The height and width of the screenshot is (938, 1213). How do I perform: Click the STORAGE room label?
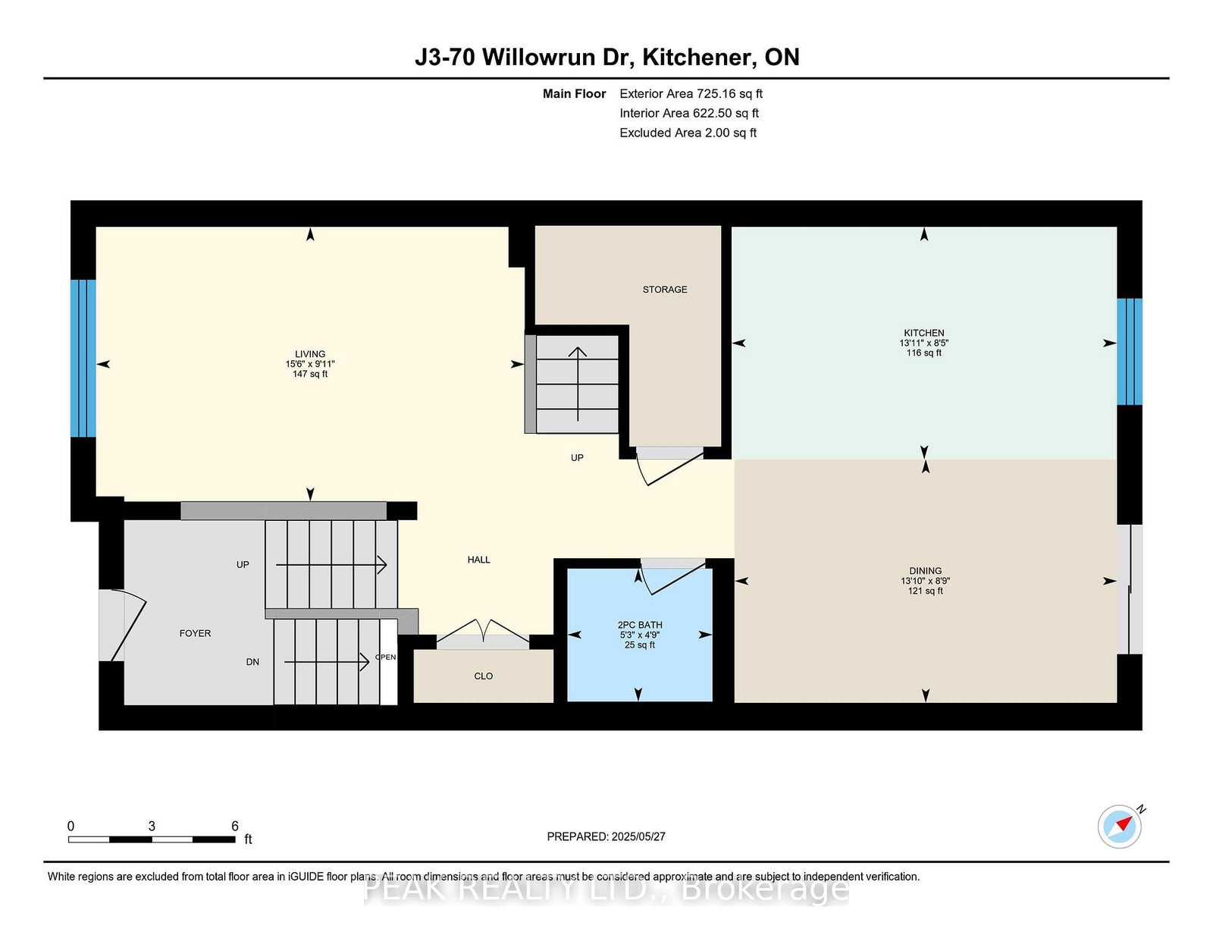coord(664,290)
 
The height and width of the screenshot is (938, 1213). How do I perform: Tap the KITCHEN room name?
coord(923,333)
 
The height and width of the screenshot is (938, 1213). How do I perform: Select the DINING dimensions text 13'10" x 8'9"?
coord(925,581)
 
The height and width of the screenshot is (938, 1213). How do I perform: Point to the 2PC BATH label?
coord(639,625)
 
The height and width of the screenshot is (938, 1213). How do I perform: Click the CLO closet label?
coord(483,676)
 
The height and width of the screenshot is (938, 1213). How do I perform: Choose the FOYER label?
coord(195,633)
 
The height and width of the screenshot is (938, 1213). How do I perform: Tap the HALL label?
coord(478,560)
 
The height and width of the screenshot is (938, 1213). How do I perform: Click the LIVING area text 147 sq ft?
coord(309,374)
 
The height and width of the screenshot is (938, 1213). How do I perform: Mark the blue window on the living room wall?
coord(83,358)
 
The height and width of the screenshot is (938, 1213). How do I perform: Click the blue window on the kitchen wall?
coord(1129,351)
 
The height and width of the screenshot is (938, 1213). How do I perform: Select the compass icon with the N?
coord(1120,826)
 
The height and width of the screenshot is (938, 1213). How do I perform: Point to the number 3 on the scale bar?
coord(152,827)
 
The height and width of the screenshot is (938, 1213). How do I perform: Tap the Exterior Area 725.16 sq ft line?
coord(691,94)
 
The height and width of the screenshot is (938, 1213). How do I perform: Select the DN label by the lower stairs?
coord(252,662)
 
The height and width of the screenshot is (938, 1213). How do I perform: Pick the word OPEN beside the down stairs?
coord(386,657)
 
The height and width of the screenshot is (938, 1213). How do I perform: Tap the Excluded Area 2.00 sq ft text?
coord(688,133)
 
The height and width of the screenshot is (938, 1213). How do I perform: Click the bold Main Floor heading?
coord(574,94)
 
